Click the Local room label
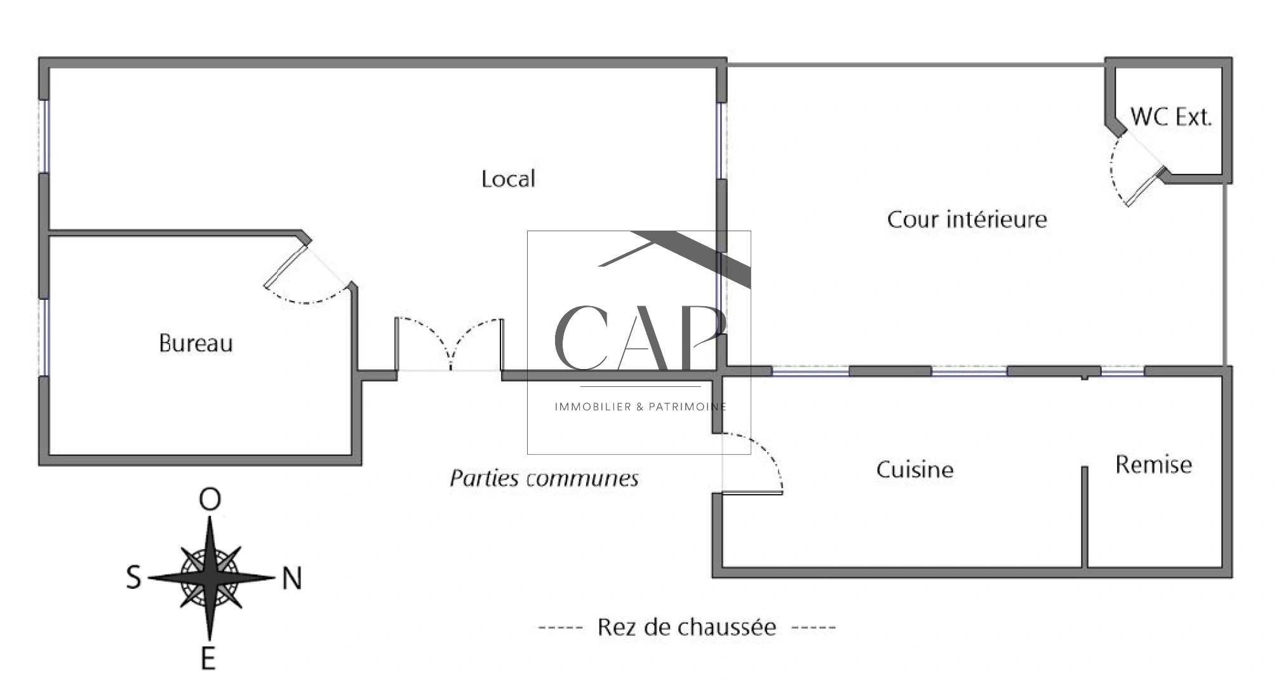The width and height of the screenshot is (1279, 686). [508, 179]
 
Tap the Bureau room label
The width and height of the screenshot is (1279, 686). [196, 344]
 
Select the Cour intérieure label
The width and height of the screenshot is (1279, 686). [967, 220]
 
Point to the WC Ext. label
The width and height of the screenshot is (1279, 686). [1171, 117]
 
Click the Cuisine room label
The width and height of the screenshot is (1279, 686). [914, 470]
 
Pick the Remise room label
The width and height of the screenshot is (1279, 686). [1153, 465]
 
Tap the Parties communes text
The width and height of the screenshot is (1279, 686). [544, 478]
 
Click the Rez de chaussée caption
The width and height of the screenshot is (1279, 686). [686, 628]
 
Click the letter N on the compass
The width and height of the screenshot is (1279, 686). [291, 579]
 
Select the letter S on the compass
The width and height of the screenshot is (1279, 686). [133, 579]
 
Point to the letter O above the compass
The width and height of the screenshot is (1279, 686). [210, 500]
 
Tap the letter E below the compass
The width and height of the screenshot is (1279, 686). [208, 659]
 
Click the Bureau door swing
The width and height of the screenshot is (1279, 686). [308, 279]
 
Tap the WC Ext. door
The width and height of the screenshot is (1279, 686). [1137, 175]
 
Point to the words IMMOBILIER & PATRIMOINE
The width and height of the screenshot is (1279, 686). [640, 407]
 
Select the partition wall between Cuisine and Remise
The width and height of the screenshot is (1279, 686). [1085, 518]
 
